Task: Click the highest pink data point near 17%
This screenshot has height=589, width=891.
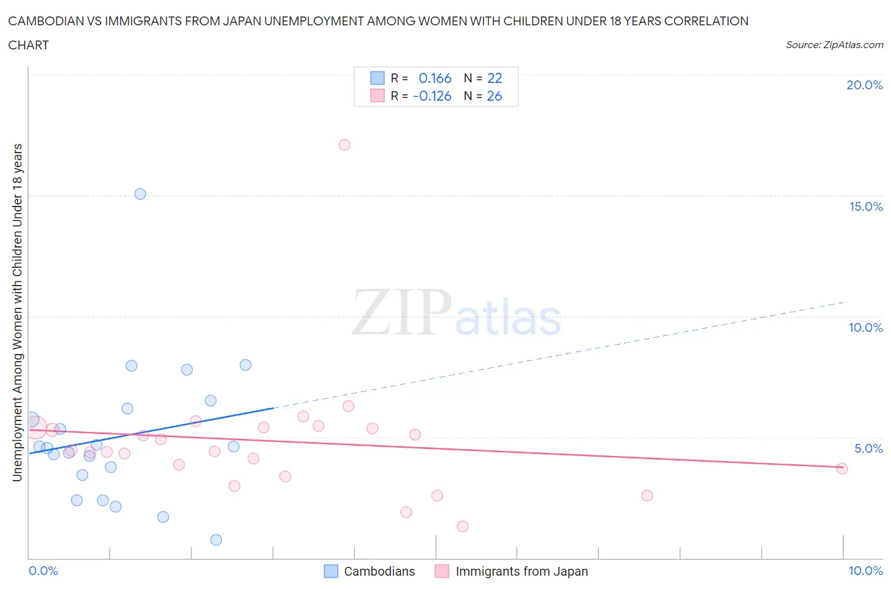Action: pos(344,145)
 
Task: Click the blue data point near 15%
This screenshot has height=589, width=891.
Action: pos(140,194)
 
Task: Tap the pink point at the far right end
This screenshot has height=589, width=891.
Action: pos(842,469)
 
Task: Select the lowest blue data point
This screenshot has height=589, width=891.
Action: pos(216,540)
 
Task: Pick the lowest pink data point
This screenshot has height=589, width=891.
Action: pos(463,526)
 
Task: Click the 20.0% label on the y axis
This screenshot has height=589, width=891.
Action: pos(864,85)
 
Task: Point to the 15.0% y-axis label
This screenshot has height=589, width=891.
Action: pos(866,206)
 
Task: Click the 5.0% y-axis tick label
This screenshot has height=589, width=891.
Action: pos(868,448)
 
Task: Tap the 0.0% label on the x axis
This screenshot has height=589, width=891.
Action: pos(43,571)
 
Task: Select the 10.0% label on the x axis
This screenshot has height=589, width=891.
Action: pos(865,571)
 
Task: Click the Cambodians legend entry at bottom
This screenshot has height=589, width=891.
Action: pos(379,571)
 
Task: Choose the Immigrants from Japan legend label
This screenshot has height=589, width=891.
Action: pos(522,571)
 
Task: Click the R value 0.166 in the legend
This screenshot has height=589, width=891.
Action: pos(435,78)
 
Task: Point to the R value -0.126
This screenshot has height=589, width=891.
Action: pos(432,96)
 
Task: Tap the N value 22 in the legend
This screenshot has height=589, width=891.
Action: pos(494,78)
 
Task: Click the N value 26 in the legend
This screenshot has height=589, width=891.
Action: pos(494,96)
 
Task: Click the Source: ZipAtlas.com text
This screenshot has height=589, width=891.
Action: pos(834,45)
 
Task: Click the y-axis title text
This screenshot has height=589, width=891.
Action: pos(17,312)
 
